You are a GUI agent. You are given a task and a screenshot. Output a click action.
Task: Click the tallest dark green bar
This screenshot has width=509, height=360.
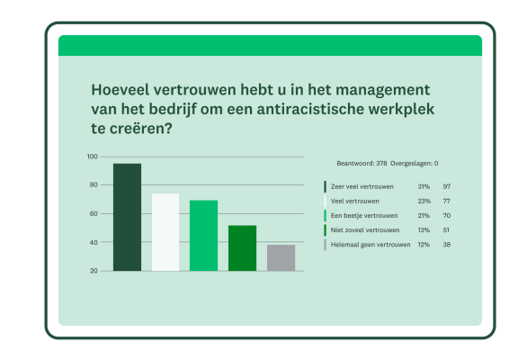[127, 217]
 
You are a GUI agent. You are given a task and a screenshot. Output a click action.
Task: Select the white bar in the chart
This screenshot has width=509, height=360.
[165, 231]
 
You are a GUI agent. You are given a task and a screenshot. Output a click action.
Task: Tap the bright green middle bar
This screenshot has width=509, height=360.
[203, 235]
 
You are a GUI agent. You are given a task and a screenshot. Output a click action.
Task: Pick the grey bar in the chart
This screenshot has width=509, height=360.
[281, 257]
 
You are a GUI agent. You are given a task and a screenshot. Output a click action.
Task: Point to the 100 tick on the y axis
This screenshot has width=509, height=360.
[92, 157]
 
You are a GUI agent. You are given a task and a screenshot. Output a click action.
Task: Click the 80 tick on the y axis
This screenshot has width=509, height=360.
[93, 185]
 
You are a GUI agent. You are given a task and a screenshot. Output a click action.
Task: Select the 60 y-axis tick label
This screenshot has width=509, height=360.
[93, 214]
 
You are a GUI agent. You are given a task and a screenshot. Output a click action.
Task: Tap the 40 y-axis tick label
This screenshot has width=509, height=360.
[93, 242]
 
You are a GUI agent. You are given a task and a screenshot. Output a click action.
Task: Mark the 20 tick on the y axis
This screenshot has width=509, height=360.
[93, 271]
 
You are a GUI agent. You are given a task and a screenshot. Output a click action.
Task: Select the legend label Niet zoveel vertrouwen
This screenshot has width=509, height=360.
[365, 229]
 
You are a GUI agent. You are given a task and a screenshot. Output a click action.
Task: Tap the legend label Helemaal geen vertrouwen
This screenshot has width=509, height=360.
[371, 244]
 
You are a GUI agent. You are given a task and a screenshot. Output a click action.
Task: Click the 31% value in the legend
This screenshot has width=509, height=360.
[424, 186]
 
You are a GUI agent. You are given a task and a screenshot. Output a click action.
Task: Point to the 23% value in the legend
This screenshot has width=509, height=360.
[424, 201]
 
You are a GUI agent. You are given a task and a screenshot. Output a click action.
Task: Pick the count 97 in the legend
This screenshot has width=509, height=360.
[447, 186]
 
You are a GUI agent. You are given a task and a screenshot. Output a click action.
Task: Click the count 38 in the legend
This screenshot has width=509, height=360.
[447, 244]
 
